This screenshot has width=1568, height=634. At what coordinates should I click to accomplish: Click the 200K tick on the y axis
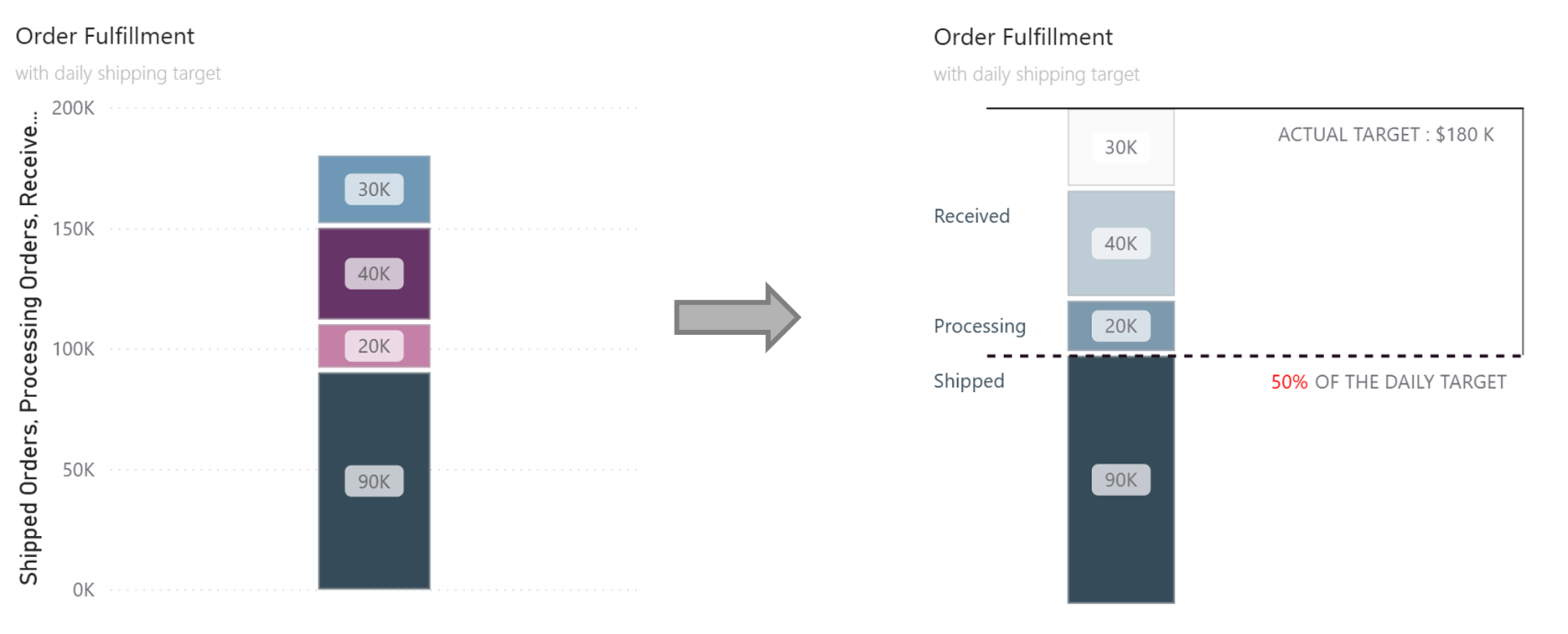coord(73,108)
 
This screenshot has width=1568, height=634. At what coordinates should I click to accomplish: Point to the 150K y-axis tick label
coord(73,229)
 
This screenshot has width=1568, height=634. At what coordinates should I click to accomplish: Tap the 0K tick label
coord(83,590)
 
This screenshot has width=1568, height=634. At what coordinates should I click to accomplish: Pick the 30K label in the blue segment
coord(374,190)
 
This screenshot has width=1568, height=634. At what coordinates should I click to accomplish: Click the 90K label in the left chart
coord(374,481)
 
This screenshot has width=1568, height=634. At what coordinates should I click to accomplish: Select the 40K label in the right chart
coord(1120,243)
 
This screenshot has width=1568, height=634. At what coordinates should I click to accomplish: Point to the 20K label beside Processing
coord(1120,326)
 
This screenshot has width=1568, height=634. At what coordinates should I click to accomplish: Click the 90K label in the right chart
coord(1120,480)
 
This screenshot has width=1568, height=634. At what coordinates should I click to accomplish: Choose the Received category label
coord(972,217)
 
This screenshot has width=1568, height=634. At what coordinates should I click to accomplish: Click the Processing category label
coord(979,326)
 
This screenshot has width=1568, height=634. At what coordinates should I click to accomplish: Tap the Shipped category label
coord(969,382)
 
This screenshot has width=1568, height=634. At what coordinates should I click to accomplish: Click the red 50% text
coord(1289,382)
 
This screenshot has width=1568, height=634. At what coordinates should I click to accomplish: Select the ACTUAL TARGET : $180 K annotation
coord(1386,135)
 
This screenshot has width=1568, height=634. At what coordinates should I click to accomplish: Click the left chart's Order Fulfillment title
coord(105,36)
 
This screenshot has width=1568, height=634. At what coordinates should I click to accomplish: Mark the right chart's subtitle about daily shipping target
coord(1036,74)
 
